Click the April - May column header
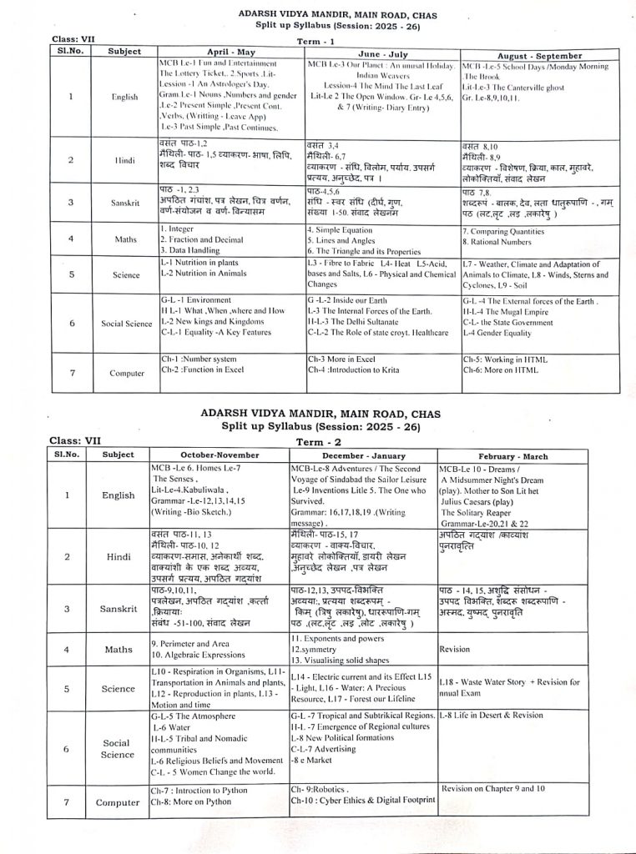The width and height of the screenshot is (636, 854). [x=230, y=52]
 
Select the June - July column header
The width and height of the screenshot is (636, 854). [x=381, y=52]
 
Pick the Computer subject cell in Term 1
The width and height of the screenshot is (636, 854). [x=127, y=373]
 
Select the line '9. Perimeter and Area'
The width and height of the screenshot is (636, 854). [x=192, y=644]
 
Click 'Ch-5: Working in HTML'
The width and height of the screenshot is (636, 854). [x=505, y=359]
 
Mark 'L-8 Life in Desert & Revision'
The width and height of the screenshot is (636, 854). [x=491, y=715]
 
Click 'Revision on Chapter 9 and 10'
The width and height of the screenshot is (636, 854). [x=493, y=787]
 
